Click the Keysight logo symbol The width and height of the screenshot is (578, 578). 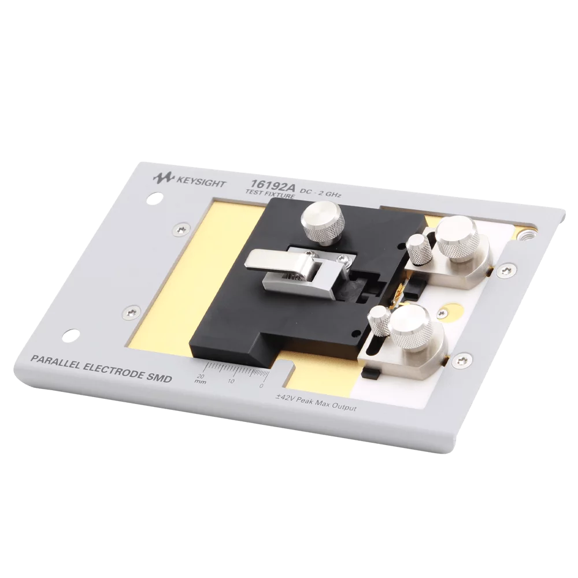point(163,179)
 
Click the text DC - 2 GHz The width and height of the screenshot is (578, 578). point(320,192)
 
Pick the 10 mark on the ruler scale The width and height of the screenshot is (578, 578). point(231,381)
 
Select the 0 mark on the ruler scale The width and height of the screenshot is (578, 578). point(261,386)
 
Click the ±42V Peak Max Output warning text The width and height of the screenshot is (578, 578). point(317,402)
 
